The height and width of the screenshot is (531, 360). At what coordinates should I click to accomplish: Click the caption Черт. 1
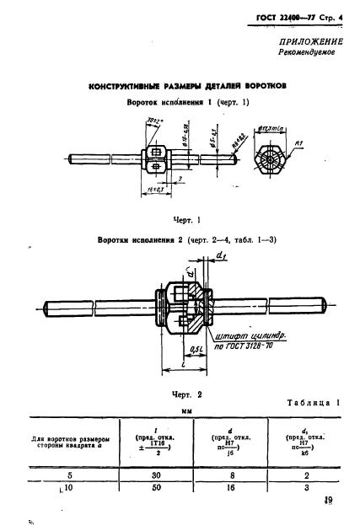tap(185, 220)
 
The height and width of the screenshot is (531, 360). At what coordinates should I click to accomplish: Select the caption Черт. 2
tap(184, 393)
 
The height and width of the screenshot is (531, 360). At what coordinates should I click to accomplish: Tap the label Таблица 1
tap(309, 403)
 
